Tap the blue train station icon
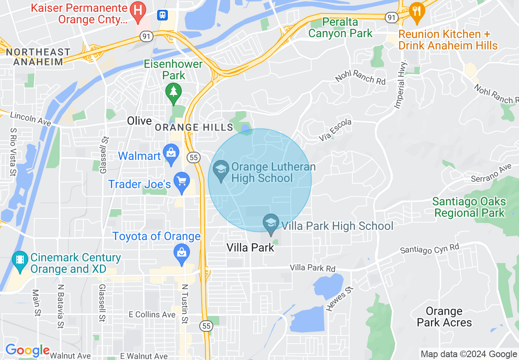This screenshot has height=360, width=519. pos(162,15)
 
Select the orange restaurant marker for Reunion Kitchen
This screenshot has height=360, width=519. pos(416,10)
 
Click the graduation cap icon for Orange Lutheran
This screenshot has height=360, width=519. pos(221,170)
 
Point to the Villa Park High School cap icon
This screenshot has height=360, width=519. pos(271,223)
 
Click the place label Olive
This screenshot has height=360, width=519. pos(139,121)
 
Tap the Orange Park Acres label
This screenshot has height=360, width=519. pos(444,317)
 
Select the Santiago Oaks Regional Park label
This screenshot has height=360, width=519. pos(469,207)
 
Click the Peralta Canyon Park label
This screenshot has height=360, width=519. pos(340,27)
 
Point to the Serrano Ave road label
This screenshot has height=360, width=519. pos(492,173)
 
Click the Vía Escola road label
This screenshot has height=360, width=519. pos(335,131)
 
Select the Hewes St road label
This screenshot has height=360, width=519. pos(338,299)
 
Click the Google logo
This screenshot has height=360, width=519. pos(27,350)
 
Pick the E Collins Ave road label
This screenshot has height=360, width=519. pos(152,315)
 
